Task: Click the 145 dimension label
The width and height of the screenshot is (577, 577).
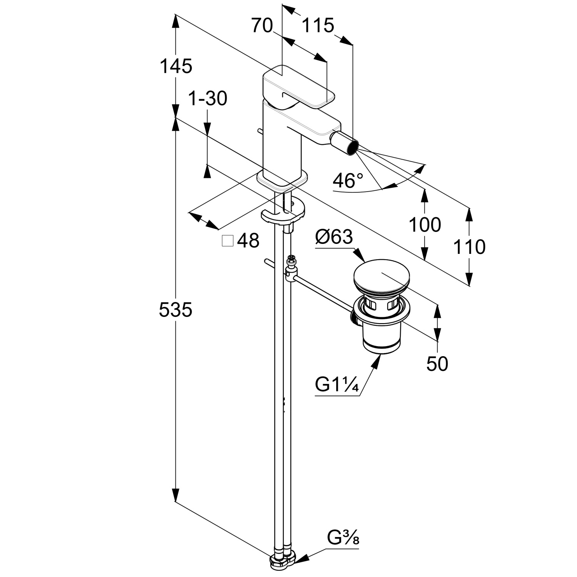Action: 176,66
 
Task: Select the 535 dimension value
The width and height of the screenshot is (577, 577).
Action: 175,310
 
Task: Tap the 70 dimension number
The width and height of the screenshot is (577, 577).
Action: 262,26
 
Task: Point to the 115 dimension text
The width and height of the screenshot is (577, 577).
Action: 317,26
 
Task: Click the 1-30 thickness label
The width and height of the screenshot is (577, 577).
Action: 208,99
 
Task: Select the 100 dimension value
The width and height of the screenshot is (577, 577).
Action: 425,225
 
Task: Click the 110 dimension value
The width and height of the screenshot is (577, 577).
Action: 469,247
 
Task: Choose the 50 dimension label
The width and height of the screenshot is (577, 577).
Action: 437,364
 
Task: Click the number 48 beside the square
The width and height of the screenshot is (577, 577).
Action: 248,241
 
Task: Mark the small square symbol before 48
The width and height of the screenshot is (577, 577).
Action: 228,241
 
